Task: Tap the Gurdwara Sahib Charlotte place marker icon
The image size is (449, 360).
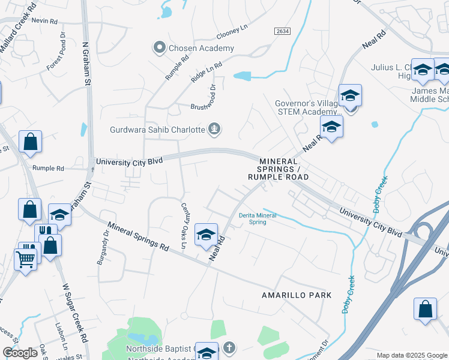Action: (214, 129)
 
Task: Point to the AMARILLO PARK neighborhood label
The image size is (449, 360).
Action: (297, 295)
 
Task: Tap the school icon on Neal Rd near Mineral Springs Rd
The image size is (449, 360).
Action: (205, 234)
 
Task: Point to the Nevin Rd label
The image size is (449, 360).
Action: (45, 20)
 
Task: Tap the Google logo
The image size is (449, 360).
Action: (20, 353)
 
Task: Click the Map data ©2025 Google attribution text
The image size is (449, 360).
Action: (411, 355)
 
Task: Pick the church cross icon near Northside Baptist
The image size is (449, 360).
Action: (229, 348)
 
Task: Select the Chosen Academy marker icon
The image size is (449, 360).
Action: (159, 48)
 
